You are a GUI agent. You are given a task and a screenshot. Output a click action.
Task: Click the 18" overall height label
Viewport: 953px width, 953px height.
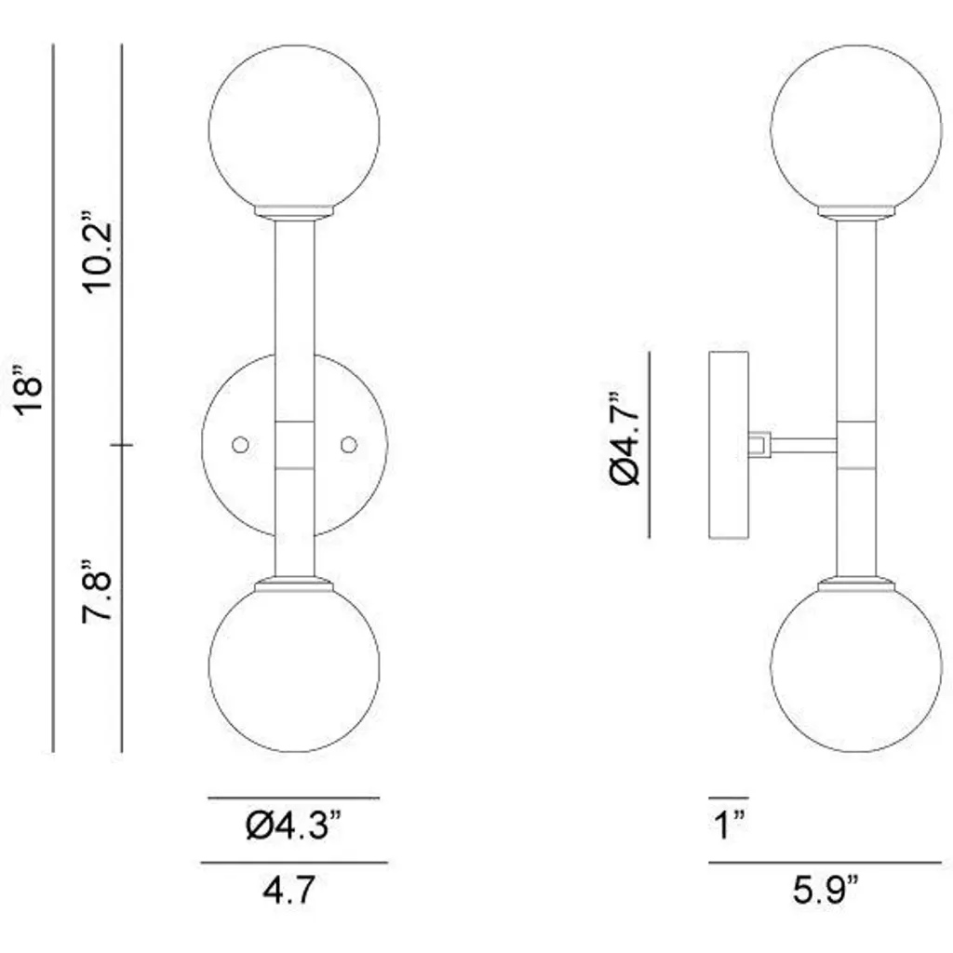pos(29,390)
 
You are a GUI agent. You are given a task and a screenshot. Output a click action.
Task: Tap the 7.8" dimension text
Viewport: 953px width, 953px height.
pos(97,590)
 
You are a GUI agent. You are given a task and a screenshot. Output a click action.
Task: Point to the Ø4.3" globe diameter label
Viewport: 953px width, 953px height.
pos(294,825)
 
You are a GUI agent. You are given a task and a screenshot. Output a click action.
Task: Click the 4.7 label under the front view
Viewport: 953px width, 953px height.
pos(289,889)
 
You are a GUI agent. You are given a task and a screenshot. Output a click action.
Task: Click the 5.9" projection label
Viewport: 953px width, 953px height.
pos(825,889)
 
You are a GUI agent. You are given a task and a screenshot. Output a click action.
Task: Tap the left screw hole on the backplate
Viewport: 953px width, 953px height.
pos(241,445)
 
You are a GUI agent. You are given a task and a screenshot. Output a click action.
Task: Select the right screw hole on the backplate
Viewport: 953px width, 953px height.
pos(349,445)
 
